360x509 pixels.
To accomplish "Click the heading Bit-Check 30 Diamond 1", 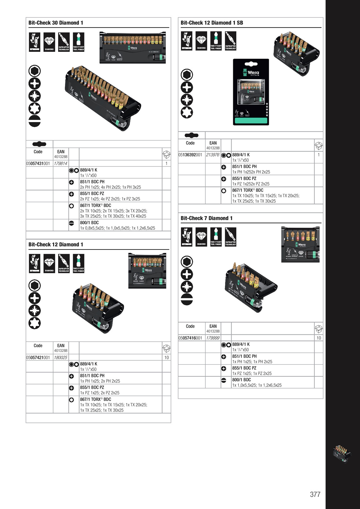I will tap(56, 23).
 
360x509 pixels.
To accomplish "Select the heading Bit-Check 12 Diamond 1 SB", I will tap(212, 23).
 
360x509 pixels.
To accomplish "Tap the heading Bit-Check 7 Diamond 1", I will tap(206, 218).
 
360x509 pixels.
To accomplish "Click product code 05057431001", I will tap(38, 163).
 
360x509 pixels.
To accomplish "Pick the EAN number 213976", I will tap(212, 155).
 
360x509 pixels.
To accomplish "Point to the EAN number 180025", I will tap(60, 358).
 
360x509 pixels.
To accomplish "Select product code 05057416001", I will tap(190, 338).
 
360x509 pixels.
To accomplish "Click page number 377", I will tap(315, 494).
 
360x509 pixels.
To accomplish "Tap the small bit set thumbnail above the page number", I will tap(342, 454).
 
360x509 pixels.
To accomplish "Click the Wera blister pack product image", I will tap(251, 92).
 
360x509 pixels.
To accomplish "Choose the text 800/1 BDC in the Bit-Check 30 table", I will tap(89, 223).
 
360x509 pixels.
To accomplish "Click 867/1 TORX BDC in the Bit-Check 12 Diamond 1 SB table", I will tap(247, 190).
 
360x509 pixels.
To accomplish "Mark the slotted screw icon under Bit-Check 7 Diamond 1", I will tap(187, 299).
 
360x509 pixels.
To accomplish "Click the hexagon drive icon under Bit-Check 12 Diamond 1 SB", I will tap(187, 75).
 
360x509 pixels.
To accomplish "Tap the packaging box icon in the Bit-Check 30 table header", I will tap(167, 154).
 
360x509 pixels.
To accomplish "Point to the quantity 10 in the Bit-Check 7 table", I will tap(319, 338).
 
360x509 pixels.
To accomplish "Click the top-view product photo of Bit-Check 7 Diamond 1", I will tap(300, 245).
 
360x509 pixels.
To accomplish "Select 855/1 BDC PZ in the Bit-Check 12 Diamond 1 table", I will tap(92, 387).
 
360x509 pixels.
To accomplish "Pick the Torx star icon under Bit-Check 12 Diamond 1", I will tap(35, 323).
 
